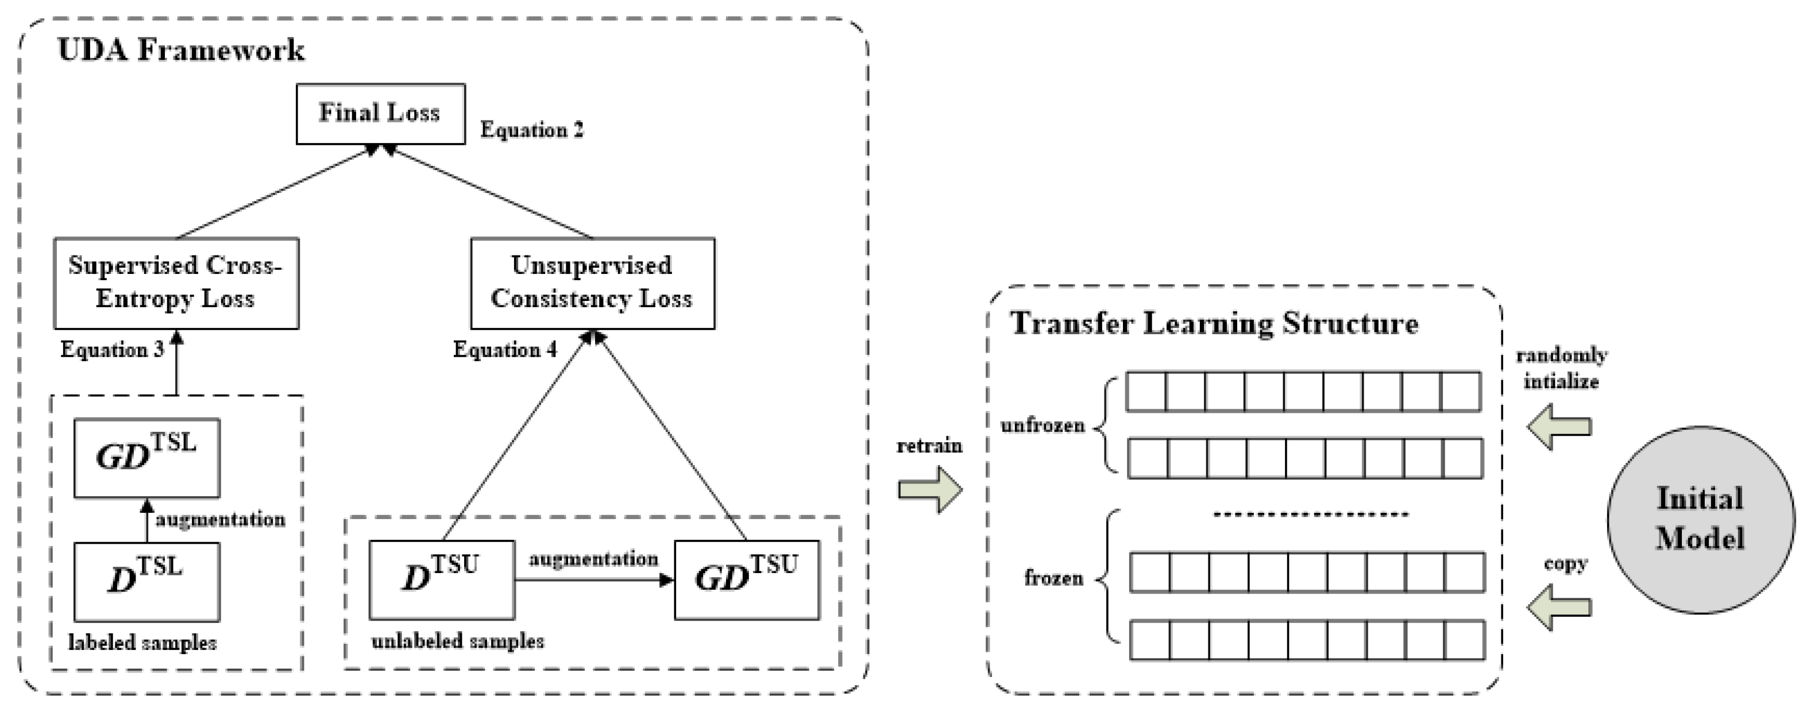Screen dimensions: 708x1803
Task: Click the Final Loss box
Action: pos(380,114)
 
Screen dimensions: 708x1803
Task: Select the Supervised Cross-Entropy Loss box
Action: pos(176,283)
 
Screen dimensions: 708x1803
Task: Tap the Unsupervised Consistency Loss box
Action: pos(592,283)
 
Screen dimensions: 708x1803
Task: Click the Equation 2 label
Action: pos(531,130)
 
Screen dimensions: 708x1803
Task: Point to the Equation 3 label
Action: pos(112,350)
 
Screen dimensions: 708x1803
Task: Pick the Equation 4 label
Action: pos(505,350)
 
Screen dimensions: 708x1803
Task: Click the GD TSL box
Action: pos(147,458)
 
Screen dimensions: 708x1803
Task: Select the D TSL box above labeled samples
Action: pos(147,581)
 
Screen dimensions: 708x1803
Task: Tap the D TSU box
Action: pos(442,579)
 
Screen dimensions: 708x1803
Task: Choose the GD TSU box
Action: pos(746,579)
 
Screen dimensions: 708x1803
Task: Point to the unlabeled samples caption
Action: pos(458,641)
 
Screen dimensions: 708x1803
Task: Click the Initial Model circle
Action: pos(1700,520)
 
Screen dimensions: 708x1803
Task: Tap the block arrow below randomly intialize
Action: pos(1559,427)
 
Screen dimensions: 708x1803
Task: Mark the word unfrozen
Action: pos(1042,426)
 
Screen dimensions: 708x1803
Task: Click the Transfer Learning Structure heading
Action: pos(1214,324)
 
